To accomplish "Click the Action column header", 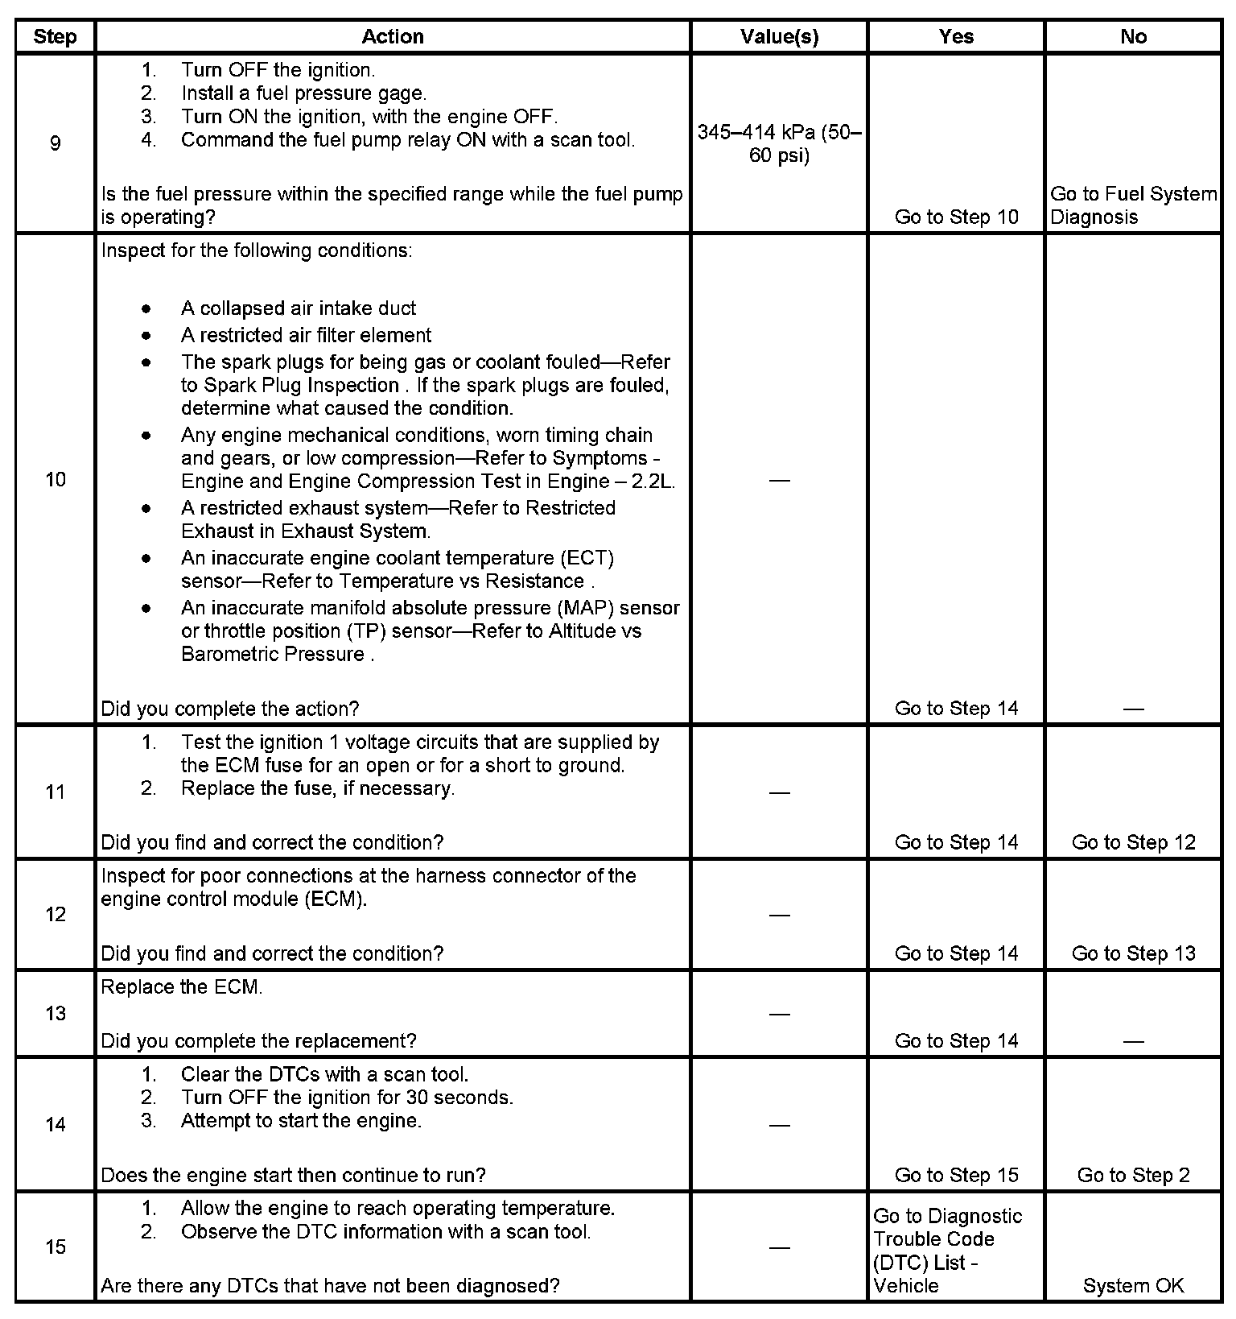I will (392, 37).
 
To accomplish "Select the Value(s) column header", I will (779, 37).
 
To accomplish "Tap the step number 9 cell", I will (55, 143).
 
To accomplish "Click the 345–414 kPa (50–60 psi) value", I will (779, 143).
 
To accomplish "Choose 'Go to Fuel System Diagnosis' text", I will (1133, 205).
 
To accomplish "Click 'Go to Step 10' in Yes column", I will (956, 217).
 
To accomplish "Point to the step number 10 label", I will (55, 480).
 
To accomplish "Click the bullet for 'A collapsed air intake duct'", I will (146, 308).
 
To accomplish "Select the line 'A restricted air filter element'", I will (306, 335).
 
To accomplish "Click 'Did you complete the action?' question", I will (229, 709).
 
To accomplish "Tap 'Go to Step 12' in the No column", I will (1133, 842).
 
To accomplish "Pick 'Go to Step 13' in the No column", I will (1133, 953).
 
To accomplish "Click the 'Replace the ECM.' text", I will (182, 987).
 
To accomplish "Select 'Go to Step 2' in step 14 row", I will (1133, 1176).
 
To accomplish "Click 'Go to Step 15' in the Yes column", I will (956, 1176).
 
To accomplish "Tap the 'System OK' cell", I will (1133, 1286).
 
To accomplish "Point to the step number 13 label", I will (55, 1013).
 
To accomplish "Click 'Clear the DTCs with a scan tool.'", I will (324, 1074).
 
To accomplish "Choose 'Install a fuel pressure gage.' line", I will (303, 93).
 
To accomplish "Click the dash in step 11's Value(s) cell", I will (779, 792).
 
